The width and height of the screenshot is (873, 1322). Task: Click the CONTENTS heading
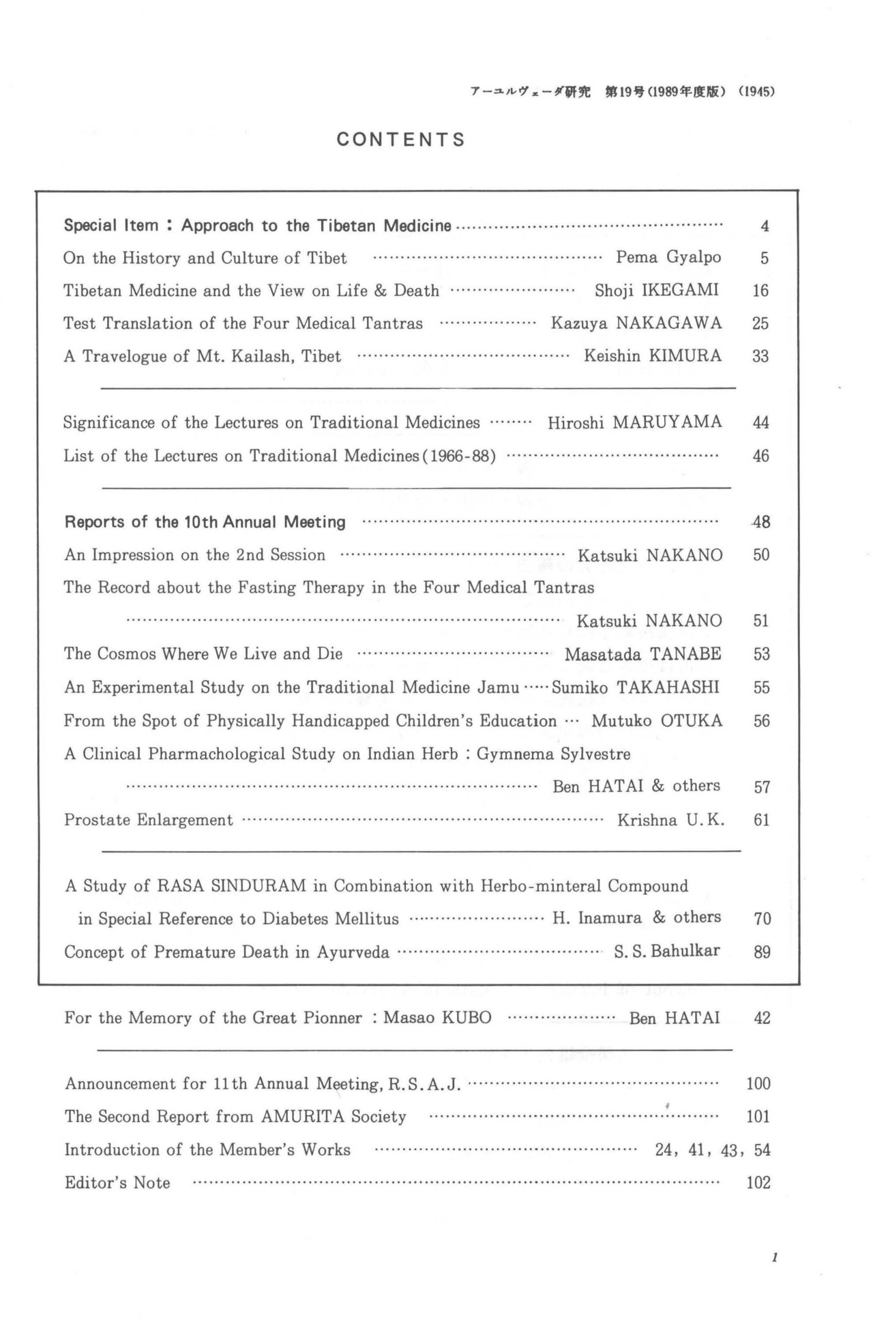pos(401,140)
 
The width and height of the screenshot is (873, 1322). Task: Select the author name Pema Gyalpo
pos(668,257)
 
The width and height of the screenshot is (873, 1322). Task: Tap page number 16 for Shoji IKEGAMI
pos(760,291)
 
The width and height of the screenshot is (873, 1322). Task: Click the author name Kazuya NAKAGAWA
pos(636,323)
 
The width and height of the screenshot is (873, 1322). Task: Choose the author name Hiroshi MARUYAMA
pos(634,423)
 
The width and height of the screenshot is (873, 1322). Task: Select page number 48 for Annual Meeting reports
pos(761,523)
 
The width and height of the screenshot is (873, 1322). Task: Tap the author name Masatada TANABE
pos(642,654)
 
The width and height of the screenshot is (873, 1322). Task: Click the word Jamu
pos(498,687)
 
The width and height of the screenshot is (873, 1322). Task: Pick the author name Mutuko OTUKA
pos(657,720)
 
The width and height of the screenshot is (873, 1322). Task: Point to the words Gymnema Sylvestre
pos(553,754)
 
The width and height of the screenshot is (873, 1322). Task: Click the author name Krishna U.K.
pos(670,820)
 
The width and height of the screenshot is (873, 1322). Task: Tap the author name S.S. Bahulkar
pos(667,951)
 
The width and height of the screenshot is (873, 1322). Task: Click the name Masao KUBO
pos(437,1018)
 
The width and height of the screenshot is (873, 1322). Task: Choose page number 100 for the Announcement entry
pos(758,1083)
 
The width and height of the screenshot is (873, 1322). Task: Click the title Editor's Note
pos(117,1183)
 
